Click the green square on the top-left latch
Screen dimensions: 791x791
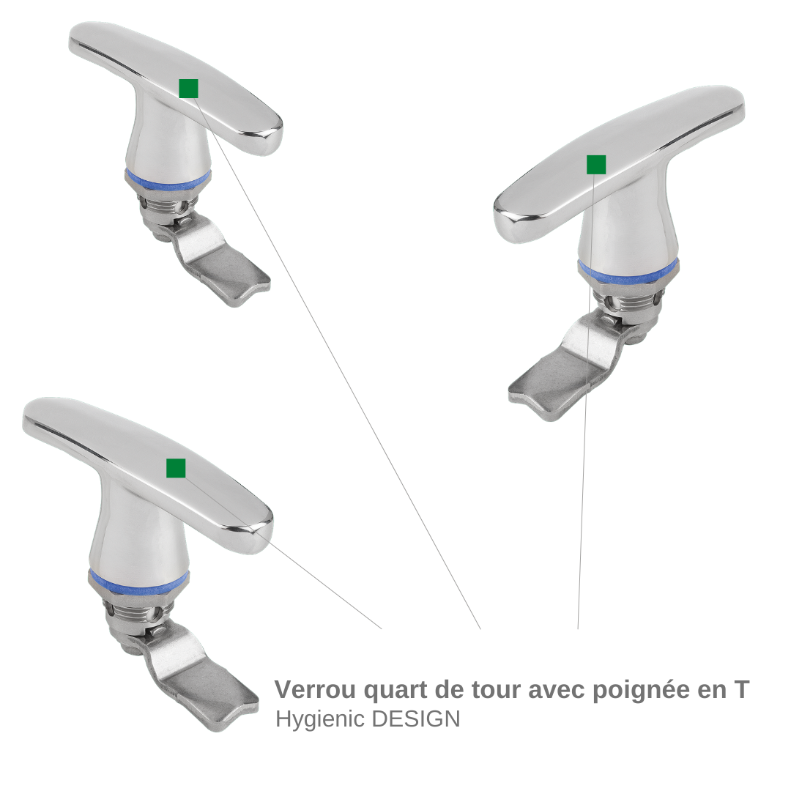click(x=188, y=89)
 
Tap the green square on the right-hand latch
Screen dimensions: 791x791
click(x=595, y=165)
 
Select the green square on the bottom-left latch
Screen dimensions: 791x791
click(x=176, y=468)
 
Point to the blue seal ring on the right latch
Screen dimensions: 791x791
click(x=628, y=272)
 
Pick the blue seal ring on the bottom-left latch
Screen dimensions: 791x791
click(x=139, y=583)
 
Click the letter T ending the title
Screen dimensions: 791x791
click(x=740, y=690)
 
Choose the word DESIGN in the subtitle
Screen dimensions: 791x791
click(x=416, y=718)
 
